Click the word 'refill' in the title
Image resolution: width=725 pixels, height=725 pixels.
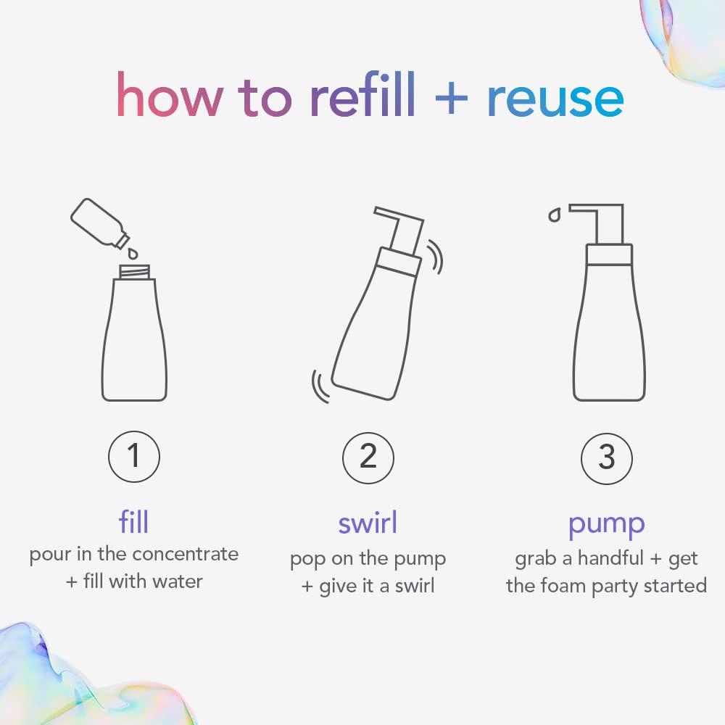(362, 97)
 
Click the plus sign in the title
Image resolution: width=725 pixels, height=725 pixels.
(451, 99)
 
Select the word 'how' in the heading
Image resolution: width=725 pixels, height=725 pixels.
(165, 97)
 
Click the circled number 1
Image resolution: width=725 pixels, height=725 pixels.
(133, 457)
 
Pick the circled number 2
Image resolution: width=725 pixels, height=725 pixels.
(368, 457)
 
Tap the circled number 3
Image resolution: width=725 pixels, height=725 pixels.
(606, 457)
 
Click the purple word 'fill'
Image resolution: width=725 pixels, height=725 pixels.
(133, 521)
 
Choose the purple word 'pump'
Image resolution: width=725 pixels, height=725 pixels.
(606, 523)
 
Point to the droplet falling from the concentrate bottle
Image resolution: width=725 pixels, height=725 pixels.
(132, 254)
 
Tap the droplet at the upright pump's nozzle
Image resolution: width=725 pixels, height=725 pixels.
(555, 215)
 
